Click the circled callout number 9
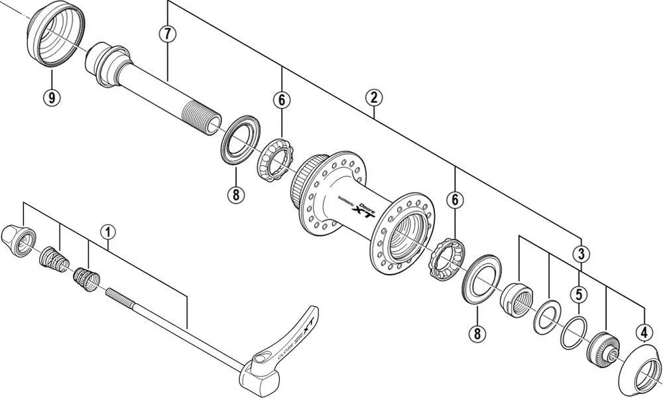tap(52, 98)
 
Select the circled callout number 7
tap(168, 34)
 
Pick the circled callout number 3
tap(581, 253)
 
